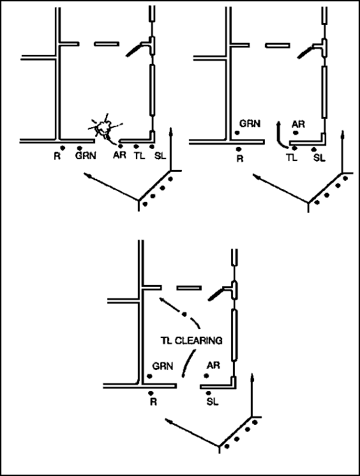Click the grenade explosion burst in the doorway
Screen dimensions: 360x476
(104, 128)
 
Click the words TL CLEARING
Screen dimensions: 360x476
(191, 341)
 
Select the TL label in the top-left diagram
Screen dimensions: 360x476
(140, 156)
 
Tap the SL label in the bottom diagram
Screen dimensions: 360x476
(213, 402)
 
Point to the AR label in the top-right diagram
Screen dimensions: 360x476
(298, 124)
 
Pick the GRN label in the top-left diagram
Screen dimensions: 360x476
(86, 156)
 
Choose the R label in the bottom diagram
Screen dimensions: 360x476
(153, 402)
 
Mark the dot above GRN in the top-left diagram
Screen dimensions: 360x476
(79, 148)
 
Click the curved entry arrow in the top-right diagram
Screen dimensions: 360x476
(280, 136)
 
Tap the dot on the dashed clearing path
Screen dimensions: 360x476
(184, 314)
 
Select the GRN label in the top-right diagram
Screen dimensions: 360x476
(250, 123)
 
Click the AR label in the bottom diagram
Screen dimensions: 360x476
(213, 365)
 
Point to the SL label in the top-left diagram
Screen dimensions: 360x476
(160, 156)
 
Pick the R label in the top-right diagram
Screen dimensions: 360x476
(240, 158)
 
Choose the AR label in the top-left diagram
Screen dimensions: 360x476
(119, 155)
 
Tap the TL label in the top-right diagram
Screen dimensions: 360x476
(292, 158)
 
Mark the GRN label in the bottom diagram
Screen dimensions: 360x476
(163, 366)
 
